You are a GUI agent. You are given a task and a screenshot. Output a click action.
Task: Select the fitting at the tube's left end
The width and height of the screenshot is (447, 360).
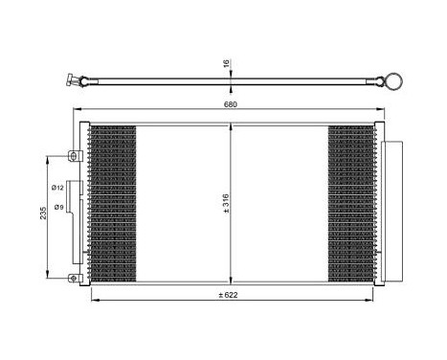coord(72,81)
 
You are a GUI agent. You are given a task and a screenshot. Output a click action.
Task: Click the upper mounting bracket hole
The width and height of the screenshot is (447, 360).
coord(72,154)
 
